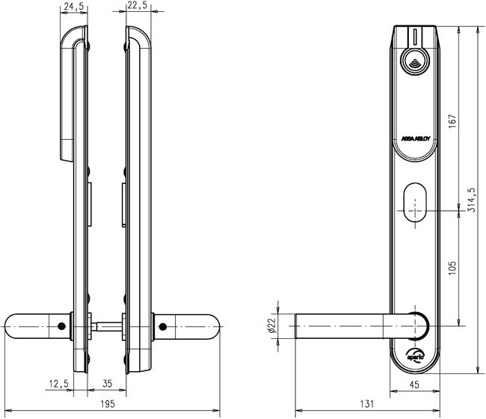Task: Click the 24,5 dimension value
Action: pyautogui.click(x=73, y=7)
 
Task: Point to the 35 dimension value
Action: pyautogui.click(x=106, y=384)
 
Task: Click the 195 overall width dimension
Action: pyautogui.click(x=110, y=405)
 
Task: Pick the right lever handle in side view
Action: pyautogui.click(x=191, y=326)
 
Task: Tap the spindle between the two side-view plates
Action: pyautogui.click(x=108, y=326)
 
